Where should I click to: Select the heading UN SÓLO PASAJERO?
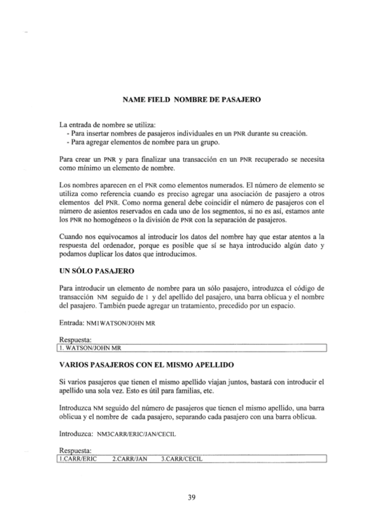(93, 271)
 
